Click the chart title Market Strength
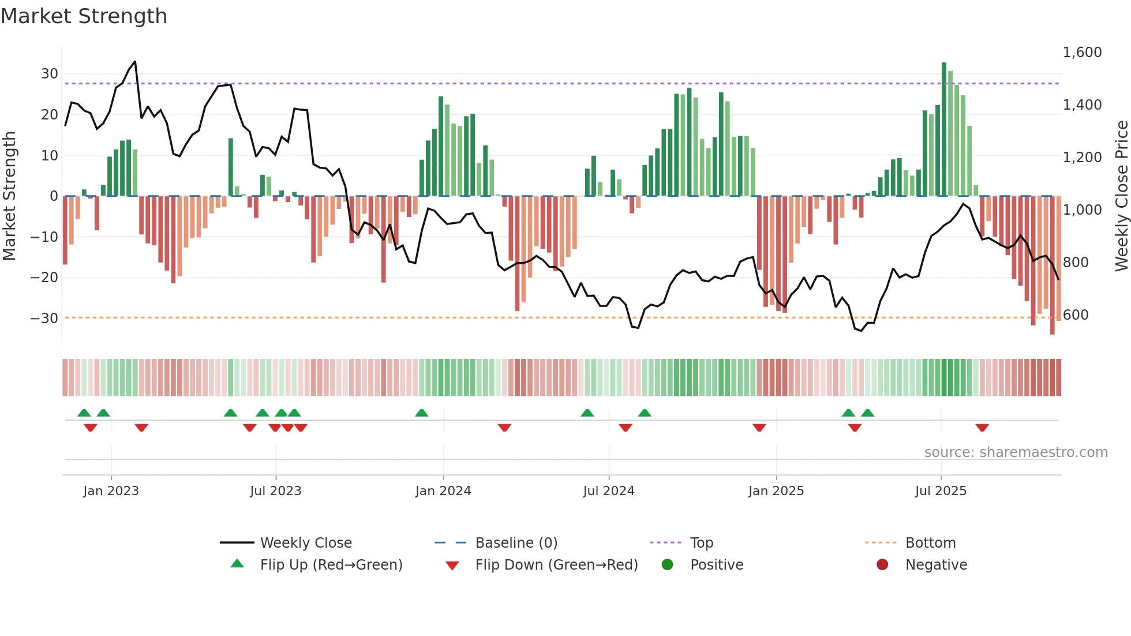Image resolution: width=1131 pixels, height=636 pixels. (84, 16)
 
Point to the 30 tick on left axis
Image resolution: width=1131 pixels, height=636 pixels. (49, 74)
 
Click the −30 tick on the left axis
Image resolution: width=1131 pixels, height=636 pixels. (44, 318)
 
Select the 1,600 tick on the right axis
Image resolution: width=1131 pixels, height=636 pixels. (1082, 53)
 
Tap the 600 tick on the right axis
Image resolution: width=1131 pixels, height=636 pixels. (1076, 315)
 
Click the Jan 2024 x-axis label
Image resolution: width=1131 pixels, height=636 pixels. (443, 491)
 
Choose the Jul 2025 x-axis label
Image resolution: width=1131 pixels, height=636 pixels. (940, 491)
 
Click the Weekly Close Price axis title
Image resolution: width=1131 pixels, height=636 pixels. (1121, 196)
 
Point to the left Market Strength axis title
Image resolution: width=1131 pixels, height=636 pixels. (10, 196)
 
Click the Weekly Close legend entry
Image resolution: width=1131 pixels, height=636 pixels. (305, 543)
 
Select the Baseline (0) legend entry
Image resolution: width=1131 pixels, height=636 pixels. (516, 543)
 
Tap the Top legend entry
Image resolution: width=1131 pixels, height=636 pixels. (701, 543)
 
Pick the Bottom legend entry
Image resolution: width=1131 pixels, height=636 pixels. (930, 543)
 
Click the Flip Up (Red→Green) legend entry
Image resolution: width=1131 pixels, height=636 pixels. (331, 565)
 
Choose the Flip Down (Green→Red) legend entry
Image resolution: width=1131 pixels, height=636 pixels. (556, 565)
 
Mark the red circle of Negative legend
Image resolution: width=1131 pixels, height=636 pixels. (882, 565)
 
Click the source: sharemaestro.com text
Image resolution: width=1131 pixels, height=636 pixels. (1016, 452)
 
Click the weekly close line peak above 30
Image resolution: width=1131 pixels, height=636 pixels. (134, 62)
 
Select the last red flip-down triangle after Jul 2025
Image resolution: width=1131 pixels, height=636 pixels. (982, 428)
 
